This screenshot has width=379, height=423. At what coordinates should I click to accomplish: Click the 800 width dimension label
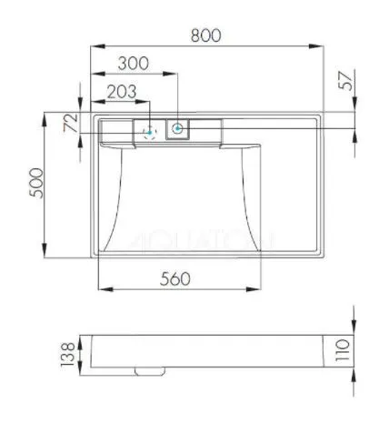coord(206,35)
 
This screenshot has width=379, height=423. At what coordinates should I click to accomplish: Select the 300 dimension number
coord(134,64)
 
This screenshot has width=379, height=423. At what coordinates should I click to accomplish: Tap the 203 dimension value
coord(122,91)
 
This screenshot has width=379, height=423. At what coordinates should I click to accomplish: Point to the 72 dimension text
coord(72,123)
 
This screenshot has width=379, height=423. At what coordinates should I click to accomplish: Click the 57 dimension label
coord(345,81)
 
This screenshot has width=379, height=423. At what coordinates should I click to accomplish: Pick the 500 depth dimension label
coord(36,183)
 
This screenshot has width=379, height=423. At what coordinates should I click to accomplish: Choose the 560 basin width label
coord(175,278)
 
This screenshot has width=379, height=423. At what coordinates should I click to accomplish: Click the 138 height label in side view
coord(67,355)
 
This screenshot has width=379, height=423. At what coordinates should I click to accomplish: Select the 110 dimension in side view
coord(343,350)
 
